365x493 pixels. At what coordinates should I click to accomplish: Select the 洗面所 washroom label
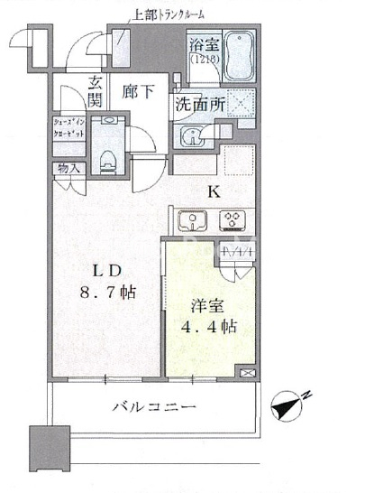click(x=201, y=103)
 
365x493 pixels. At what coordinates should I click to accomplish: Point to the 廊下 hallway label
click(x=136, y=90)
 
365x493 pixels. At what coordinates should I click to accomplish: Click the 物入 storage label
click(x=68, y=168)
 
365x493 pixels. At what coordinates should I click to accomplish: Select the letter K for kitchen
click(x=214, y=191)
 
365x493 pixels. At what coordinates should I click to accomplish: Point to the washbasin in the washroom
click(x=190, y=137)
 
